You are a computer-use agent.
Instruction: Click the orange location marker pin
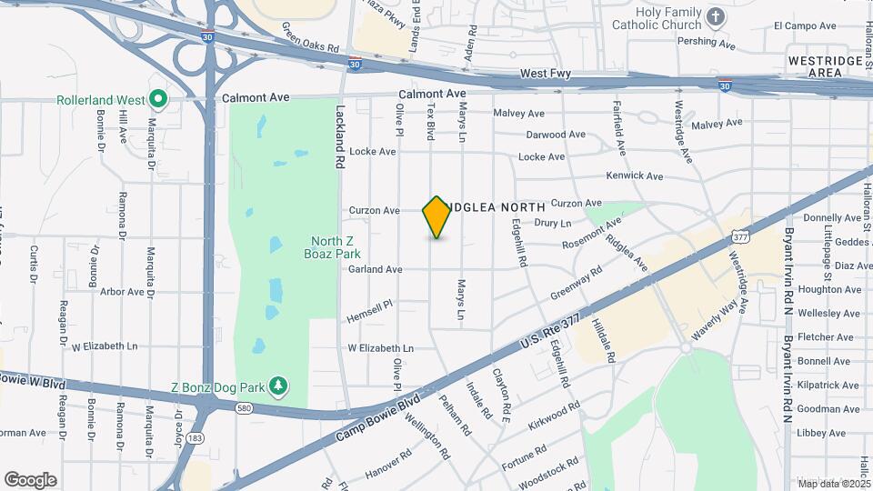(x=437, y=217)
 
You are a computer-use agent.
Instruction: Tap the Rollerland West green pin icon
(x=158, y=97)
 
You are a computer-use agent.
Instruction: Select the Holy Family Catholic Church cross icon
(x=716, y=16)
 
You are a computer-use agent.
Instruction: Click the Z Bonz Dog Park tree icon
(x=279, y=387)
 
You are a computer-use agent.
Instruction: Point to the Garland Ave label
(x=376, y=269)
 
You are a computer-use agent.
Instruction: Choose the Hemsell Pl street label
(x=369, y=311)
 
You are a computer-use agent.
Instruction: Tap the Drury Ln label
(x=553, y=223)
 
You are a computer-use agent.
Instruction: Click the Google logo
(x=30, y=480)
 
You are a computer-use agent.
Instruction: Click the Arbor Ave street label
(x=122, y=292)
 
